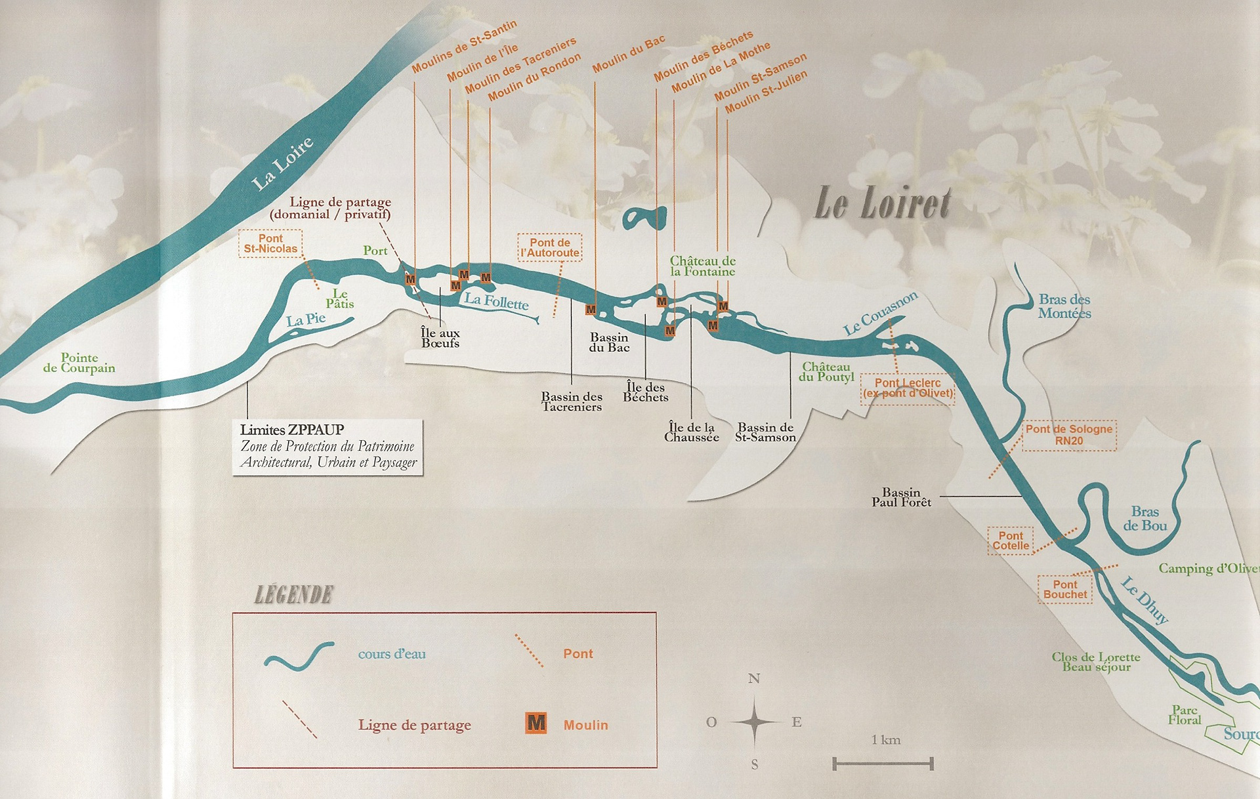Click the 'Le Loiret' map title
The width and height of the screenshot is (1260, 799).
pos(882,203)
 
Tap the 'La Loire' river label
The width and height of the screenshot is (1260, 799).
pos(282,165)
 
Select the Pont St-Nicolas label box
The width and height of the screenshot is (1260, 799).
pos(270,243)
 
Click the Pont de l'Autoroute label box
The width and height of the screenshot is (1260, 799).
pos(550,247)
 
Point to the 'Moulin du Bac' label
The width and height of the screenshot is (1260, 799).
pos(628,54)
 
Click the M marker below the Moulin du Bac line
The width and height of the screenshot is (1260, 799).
pos(591,310)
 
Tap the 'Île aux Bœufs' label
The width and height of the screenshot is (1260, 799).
pos(440,338)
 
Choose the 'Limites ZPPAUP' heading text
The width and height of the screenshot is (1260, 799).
pos(292,430)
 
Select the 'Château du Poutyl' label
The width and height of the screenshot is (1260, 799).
pos(826,372)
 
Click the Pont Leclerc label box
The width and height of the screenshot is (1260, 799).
pos(908,388)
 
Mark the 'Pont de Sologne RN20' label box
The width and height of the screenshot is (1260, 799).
pos(1069,435)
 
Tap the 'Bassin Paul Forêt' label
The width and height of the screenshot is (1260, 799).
pos(901,497)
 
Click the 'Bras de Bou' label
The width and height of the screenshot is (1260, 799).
pos(1144,518)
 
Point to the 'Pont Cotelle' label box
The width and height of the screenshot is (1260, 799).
pos(1011,541)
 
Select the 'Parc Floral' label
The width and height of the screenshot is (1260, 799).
pos(1185,715)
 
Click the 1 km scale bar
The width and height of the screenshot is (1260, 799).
pos(883,763)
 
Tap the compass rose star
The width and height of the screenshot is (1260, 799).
pos(754,722)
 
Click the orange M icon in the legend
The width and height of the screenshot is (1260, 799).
pos(536,723)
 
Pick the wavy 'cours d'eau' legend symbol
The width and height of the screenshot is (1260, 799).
pos(299,656)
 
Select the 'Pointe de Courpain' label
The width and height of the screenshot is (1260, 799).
pos(79,363)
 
